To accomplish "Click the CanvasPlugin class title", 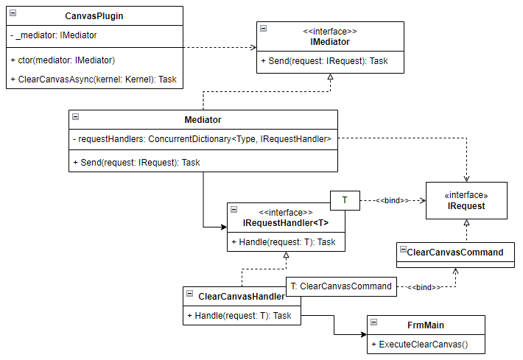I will [94, 15].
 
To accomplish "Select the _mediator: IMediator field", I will [54, 35].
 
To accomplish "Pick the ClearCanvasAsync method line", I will [94, 79].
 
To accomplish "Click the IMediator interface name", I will [330, 42].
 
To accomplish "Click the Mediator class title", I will [203, 119].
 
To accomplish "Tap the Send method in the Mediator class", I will [137, 163].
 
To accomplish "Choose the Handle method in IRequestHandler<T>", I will [284, 241].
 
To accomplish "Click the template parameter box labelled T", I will [345, 200].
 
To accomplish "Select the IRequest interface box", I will [466, 201].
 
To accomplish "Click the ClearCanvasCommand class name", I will [455, 252].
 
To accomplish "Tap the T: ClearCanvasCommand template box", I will [340, 286].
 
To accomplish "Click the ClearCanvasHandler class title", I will [242, 296].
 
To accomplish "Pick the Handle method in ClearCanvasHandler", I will [239, 315].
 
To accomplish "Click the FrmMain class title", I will [426, 324].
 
